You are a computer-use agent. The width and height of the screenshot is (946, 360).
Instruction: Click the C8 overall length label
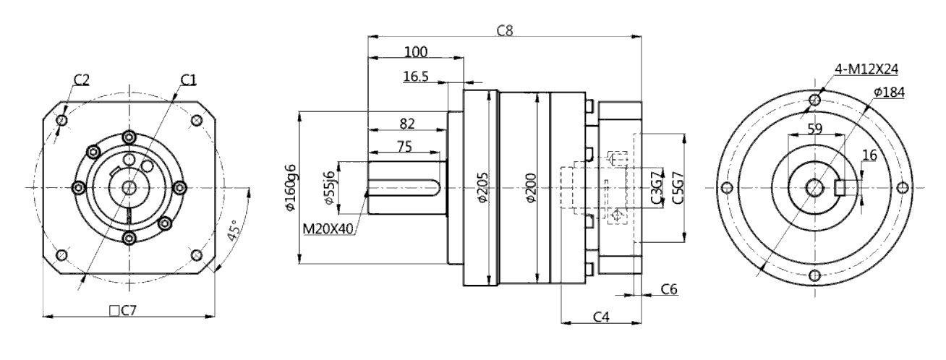504,30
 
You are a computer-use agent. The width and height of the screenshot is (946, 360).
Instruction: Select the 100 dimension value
416,52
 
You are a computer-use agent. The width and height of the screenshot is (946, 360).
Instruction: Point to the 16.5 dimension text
416,77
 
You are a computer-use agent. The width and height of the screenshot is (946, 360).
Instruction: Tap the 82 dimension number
407,124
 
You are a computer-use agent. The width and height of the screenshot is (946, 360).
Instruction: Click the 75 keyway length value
404,147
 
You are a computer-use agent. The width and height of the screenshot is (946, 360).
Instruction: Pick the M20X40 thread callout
328,228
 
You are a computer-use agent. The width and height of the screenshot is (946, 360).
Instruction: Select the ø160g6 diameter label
291,187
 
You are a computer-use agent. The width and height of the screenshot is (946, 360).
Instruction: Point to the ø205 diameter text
482,187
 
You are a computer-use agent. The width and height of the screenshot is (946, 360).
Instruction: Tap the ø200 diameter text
531,187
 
